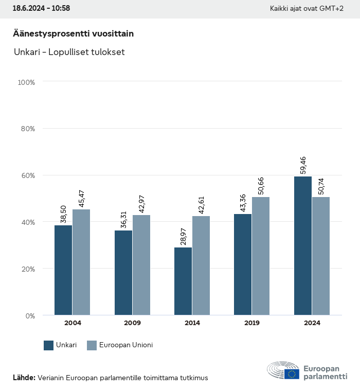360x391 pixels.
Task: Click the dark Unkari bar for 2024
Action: pyautogui.click(x=303, y=246)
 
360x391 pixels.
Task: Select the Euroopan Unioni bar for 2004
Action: pyautogui.click(x=81, y=262)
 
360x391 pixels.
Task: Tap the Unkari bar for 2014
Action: pyautogui.click(x=183, y=281)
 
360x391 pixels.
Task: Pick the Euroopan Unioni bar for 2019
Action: pyautogui.click(x=261, y=256)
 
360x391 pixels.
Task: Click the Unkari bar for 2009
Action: pyautogui.click(x=123, y=273)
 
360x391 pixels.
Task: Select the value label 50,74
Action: pyautogui.click(x=321, y=185)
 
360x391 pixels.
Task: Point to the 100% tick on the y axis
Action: pyautogui.click(x=26, y=82)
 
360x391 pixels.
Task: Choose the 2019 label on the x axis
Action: pyautogui.click(x=252, y=323)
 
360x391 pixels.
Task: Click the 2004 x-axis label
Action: pyautogui.click(x=73, y=323)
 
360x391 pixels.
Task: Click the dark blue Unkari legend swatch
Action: pyautogui.click(x=49, y=345)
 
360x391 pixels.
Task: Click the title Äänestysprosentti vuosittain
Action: pyautogui.click(x=73, y=33)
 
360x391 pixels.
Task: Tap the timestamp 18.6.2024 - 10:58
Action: pyautogui.click(x=41, y=8)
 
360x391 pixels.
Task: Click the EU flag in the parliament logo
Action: pyautogui.click(x=292, y=374)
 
